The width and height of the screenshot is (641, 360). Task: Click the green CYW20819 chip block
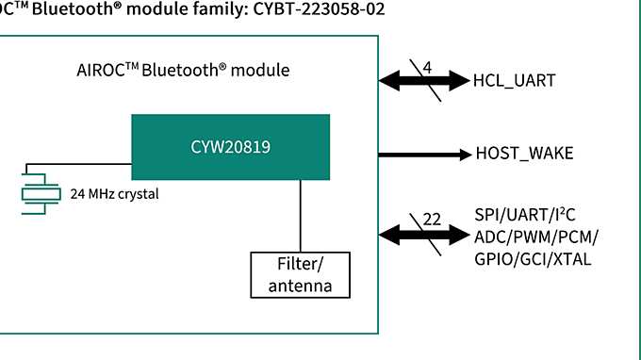click(x=230, y=147)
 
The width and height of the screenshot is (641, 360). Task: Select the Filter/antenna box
click(x=300, y=275)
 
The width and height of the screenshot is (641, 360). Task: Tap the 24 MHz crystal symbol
click(x=40, y=194)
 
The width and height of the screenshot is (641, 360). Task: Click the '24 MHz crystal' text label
click(x=115, y=195)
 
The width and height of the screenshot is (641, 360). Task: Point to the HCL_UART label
click(x=514, y=81)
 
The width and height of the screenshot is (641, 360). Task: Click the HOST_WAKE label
click(x=524, y=154)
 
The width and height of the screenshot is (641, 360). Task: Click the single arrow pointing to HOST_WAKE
click(x=423, y=154)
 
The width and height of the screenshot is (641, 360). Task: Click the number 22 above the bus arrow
click(x=433, y=219)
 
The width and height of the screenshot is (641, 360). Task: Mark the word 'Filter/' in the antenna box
click(x=300, y=266)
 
